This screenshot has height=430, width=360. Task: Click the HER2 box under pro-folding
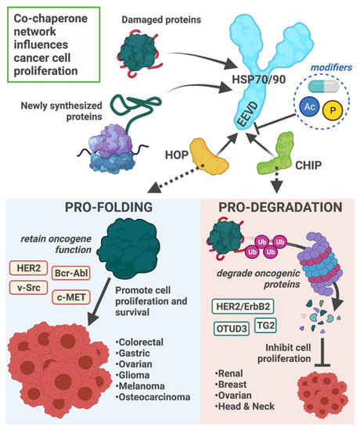click(x=27, y=268)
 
